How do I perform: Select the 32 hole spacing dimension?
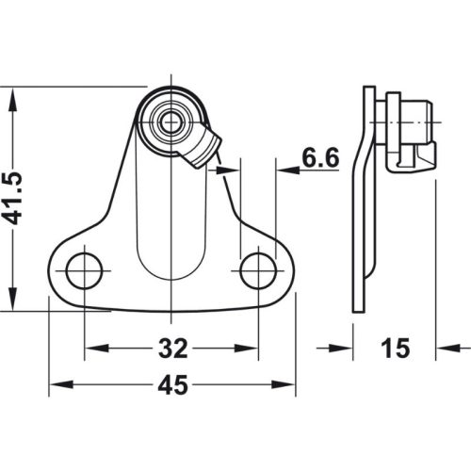click(171, 349)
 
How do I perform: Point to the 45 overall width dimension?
click(171, 386)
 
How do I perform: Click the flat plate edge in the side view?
click(359, 207)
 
